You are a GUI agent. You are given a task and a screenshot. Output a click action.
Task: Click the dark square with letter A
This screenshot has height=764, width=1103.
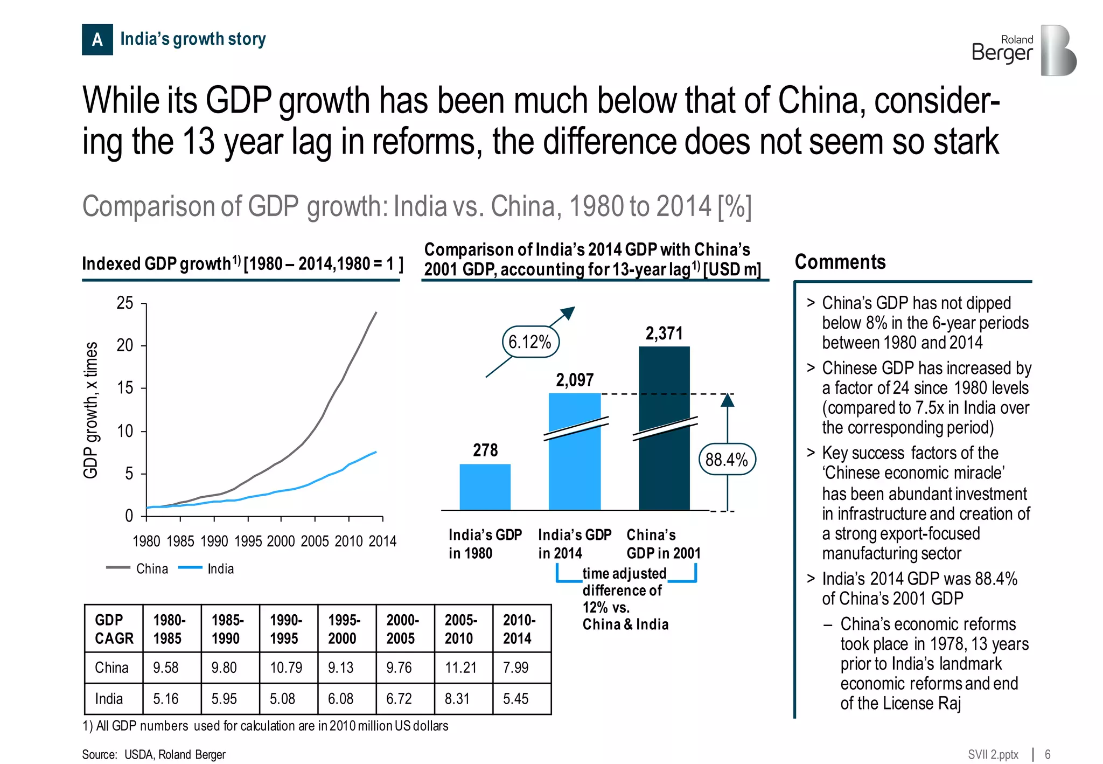coord(97,39)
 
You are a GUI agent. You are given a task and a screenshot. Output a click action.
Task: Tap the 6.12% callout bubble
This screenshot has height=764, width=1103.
coord(530,342)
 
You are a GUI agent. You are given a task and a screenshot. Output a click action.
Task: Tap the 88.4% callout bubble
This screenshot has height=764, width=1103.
coord(727,460)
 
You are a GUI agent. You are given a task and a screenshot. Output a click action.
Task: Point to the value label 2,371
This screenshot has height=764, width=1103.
coord(664,334)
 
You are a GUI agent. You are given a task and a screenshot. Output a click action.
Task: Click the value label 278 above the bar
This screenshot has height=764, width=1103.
coord(485,450)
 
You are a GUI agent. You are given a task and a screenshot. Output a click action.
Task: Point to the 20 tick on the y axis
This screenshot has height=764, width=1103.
coord(125,345)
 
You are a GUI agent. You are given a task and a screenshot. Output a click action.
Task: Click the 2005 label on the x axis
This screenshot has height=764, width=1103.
coord(315,541)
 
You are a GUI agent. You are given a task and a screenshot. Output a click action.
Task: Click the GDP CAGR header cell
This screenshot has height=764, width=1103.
coord(114,629)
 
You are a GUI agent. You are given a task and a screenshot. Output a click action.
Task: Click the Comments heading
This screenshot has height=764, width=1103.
coord(840,262)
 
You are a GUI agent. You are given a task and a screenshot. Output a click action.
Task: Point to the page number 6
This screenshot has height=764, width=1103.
coord(1048,754)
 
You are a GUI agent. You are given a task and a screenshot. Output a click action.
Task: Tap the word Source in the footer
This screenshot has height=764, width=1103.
coord(99,754)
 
